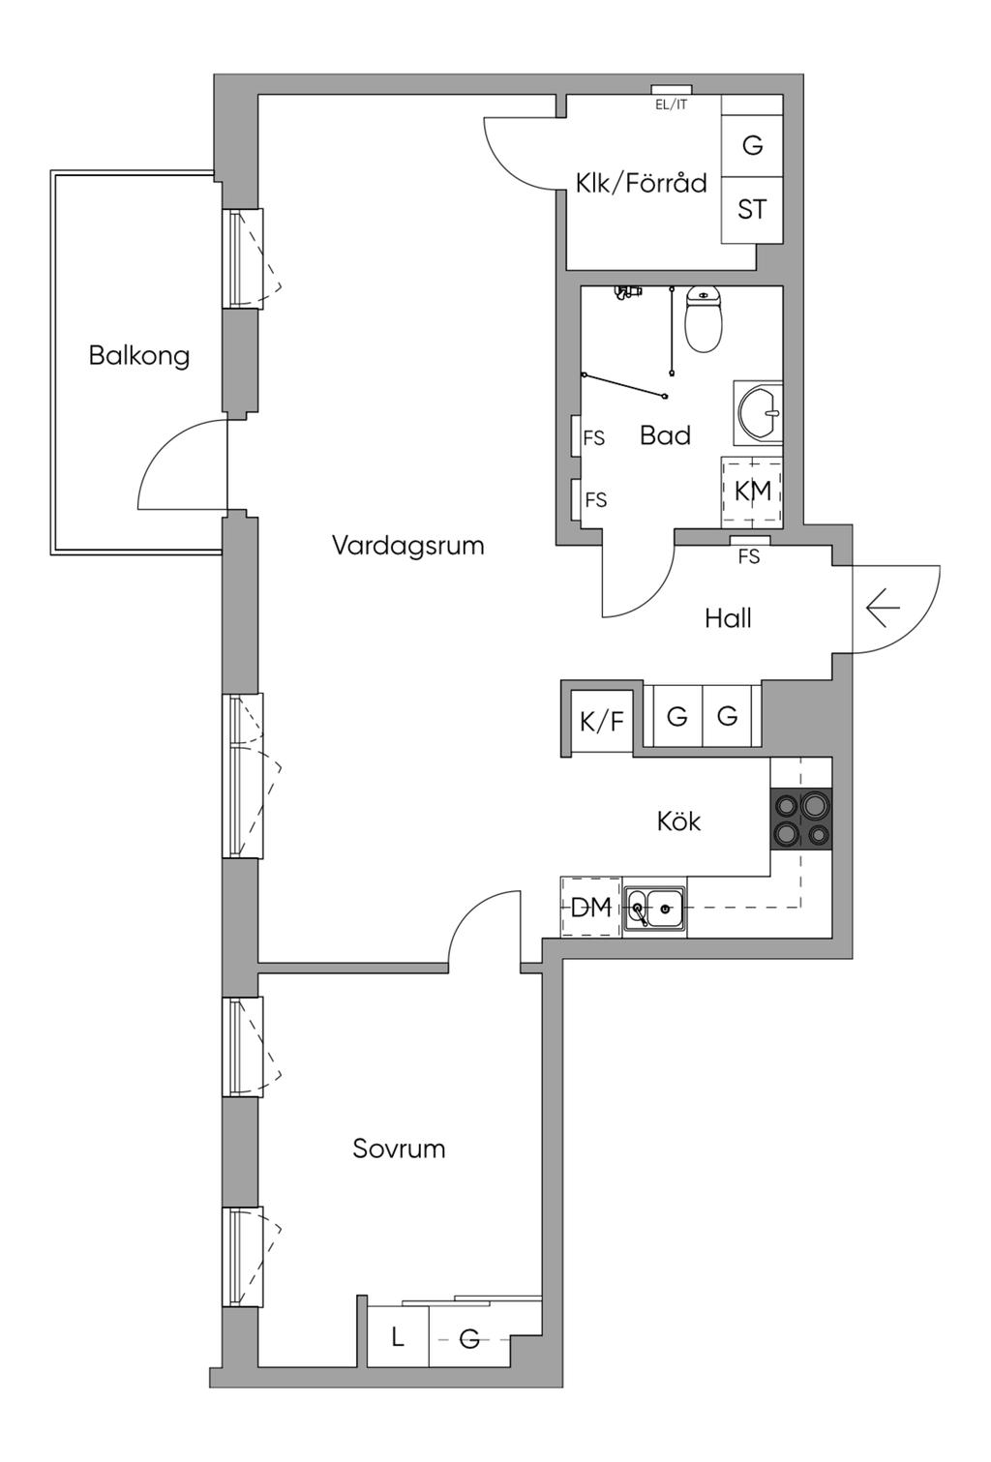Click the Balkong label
coord(138,355)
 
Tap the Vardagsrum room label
coord(407,545)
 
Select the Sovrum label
coord(399,1149)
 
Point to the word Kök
coord(678,821)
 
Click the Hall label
coord(728,618)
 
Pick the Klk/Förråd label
coord(641,183)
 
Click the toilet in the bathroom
coord(704,318)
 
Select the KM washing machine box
coord(752,491)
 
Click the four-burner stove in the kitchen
coord(800,820)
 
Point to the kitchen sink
coord(654,909)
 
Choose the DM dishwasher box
coord(590,908)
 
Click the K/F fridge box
coord(601,721)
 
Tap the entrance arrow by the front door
coord(883,609)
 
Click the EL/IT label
coord(671,104)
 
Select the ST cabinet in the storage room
coord(752,209)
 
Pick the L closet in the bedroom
coord(397,1338)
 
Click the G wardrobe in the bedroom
coord(469,1339)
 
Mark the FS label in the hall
coord(749,556)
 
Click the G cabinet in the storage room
coord(752,145)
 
